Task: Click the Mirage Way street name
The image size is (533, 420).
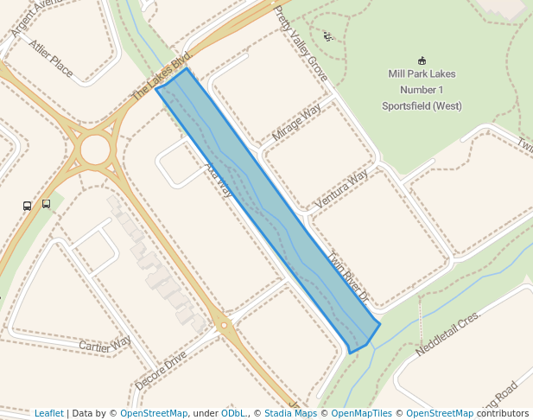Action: tap(296, 122)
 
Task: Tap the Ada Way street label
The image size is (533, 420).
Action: tap(219, 178)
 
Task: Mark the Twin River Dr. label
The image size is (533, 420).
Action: tap(349, 277)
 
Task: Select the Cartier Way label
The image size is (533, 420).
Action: tap(105, 343)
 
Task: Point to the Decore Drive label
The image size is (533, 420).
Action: tap(161, 370)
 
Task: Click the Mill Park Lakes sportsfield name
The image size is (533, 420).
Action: tap(422, 90)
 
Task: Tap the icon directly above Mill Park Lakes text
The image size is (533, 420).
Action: tap(422, 60)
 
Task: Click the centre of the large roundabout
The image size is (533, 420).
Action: tap(95, 150)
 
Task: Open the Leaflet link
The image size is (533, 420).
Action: tap(48, 413)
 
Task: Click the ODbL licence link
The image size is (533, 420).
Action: tap(233, 413)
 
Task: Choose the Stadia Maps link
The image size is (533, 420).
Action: tap(290, 413)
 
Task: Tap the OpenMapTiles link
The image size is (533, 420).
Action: tap(361, 413)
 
